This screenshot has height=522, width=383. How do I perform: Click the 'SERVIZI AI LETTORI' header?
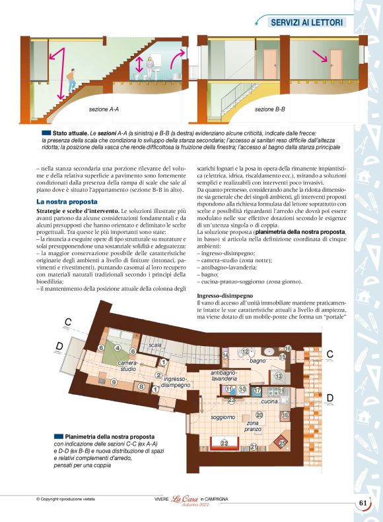pyautogui.click(x=307, y=22)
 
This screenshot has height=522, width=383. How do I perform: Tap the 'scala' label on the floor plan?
pyautogui.click(x=155, y=345)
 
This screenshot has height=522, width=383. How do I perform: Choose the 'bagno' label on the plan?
pyautogui.click(x=257, y=361)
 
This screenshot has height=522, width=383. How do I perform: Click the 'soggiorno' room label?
pyautogui.click(x=223, y=417)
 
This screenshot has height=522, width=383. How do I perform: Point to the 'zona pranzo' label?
pyautogui.click(x=253, y=426)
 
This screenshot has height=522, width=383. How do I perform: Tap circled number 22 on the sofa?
pyautogui.click(x=224, y=443)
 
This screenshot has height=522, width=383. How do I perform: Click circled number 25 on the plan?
pyautogui.click(x=282, y=444)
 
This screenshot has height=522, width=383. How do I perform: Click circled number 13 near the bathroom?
pyautogui.click(x=279, y=376)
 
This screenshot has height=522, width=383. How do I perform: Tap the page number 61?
pyautogui.click(x=363, y=504)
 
